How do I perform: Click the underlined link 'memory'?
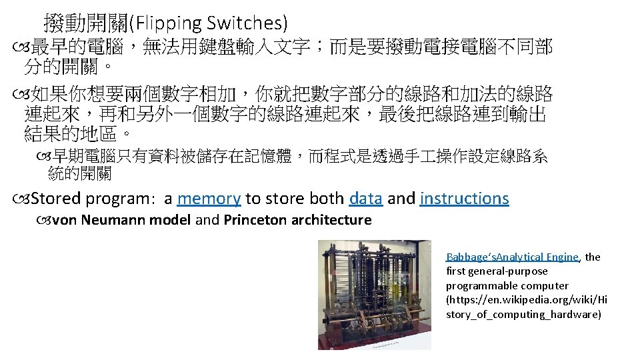coord(209,199)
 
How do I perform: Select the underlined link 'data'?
coord(365,199)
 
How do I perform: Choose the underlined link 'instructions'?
coord(464,199)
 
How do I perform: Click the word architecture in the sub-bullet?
coord(330,220)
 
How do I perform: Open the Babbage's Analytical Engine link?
coord(512,257)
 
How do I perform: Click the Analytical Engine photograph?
coord(374,294)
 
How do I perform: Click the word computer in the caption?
coord(546,285)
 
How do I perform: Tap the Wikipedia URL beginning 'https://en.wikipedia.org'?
coord(527,300)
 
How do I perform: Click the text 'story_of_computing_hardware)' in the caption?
coord(523,314)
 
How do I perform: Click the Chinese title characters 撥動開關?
coord(85,23)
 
